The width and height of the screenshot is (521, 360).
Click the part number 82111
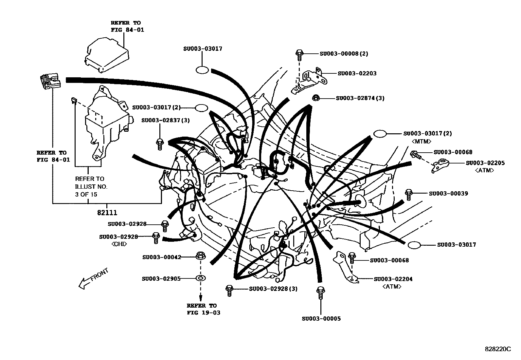[x=107, y=212]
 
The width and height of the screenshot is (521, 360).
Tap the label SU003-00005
[x=321, y=318]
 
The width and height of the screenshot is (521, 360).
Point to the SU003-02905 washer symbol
[x=200, y=278]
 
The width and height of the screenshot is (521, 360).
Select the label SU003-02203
[x=357, y=73]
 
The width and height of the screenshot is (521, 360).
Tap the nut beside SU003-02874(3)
[x=316, y=98]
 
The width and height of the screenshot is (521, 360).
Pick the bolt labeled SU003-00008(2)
[x=299, y=55]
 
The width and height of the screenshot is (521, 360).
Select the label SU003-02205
[x=485, y=163]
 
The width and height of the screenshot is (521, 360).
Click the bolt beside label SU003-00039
[x=408, y=194]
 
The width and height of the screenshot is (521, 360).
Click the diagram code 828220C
[x=498, y=349]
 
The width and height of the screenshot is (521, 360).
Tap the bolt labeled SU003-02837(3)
[x=160, y=144]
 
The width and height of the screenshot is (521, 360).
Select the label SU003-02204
[x=393, y=279]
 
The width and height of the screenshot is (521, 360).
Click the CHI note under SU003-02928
[x=119, y=244]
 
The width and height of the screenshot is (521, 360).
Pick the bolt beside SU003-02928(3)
[x=229, y=290]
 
